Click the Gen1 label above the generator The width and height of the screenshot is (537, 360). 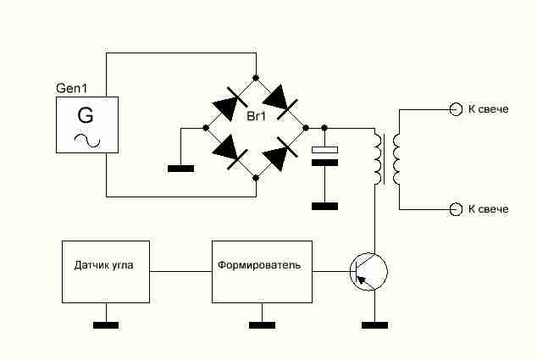[x=72, y=88]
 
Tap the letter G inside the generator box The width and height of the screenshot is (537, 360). [x=86, y=115]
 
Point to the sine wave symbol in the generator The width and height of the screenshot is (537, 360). [x=87, y=141]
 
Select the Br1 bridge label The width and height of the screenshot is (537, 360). [x=256, y=116]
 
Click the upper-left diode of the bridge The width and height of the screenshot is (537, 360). [x=230, y=103]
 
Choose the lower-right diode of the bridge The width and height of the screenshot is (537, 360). [x=280, y=153]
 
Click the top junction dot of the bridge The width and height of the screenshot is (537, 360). [x=256, y=78]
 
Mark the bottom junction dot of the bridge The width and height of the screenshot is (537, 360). [x=256, y=177]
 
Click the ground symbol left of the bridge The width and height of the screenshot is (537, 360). [x=180, y=169]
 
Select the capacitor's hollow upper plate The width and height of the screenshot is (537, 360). [x=324, y=150]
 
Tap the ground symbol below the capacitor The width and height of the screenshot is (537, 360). [x=324, y=206]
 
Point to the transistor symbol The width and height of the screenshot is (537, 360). [x=368, y=272]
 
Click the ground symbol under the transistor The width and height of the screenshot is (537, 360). [x=374, y=325]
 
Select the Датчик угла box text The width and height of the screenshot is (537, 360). [x=104, y=265]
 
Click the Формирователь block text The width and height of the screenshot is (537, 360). [x=259, y=265]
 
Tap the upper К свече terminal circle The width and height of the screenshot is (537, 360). [x=456, y=109]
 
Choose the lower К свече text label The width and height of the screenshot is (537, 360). [x=489, y=209]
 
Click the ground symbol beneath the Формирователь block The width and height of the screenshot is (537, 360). [x=262, y=325]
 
